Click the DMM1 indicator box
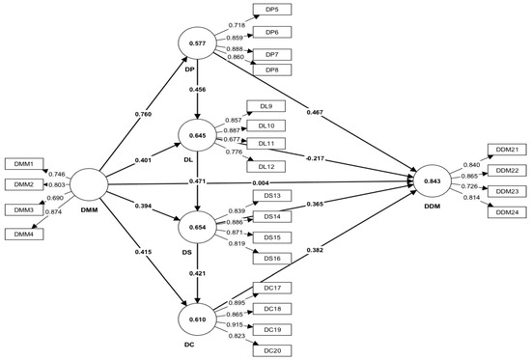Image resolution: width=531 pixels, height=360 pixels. (x=22, y=163)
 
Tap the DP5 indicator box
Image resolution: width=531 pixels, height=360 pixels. (x=271, y=10)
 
